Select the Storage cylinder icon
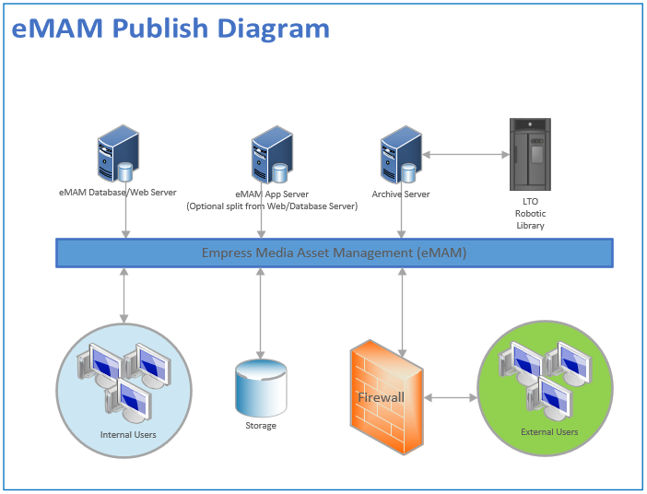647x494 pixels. coord(262,387)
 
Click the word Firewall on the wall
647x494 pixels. coord(382,397)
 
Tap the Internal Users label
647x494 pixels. coord(128,434)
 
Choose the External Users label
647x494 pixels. coord(550,431)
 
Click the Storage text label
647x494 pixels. coord(261,426)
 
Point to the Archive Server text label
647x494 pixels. coord(401,194)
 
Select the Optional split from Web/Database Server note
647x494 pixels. coord(272,206)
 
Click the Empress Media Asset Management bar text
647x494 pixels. coord(335,253)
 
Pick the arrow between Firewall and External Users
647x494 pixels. coord(451,398)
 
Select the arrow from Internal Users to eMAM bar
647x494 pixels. coord(125,295)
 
